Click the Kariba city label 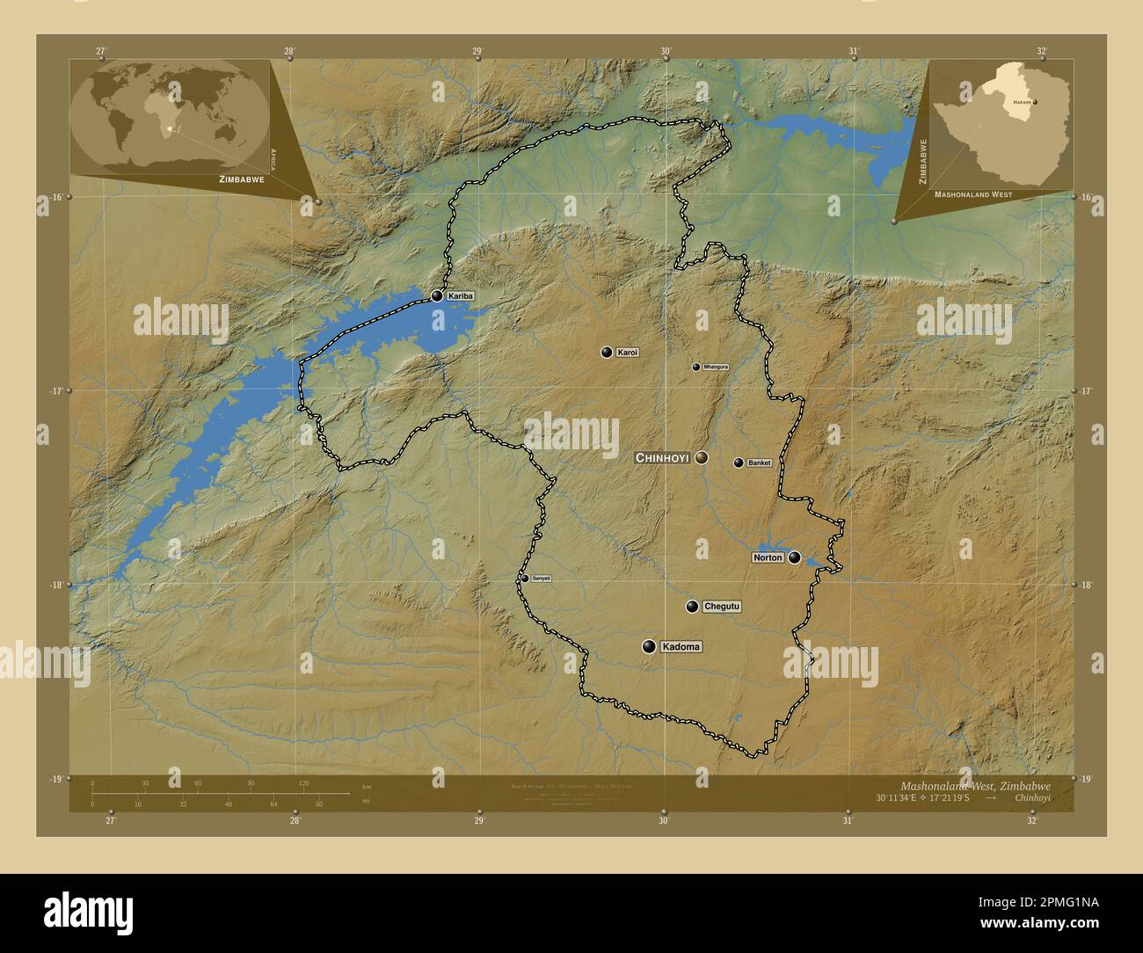point(461,296)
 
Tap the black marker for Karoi point(606,353)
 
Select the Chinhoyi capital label point(662,458)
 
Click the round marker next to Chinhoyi point(701,458)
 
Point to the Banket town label point(759,462)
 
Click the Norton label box point(768,557)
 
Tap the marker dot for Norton point(795,557)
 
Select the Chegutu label point(723,607)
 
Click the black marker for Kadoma point(649,647)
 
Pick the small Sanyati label point(541,578)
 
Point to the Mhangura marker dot point(695,367)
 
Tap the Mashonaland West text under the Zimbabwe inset point(972,194)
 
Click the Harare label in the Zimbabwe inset point(1021,103)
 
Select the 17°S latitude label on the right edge point(1087,390)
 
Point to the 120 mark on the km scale point(303,783)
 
